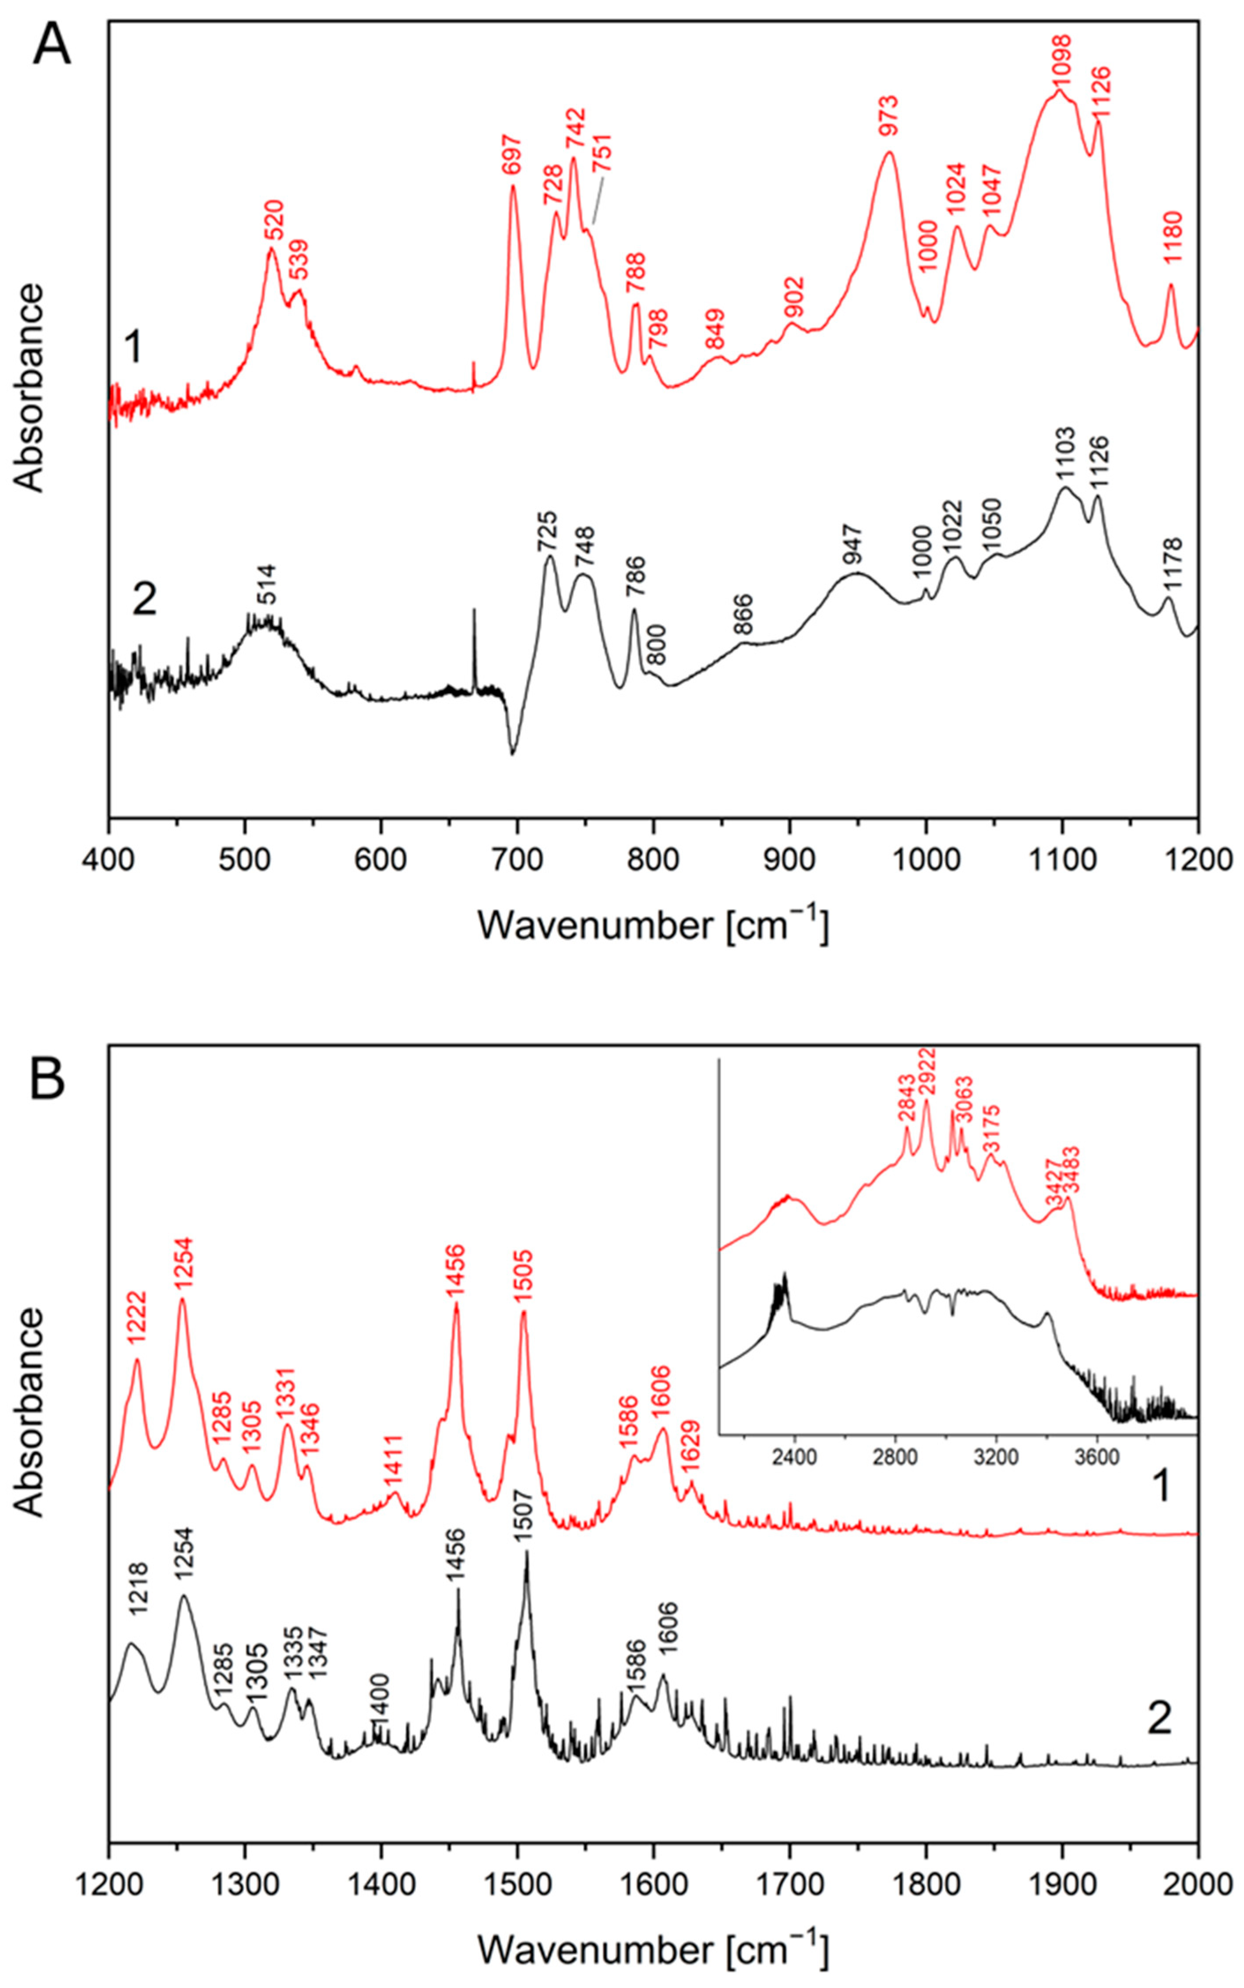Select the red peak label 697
pyautogui.click(x=511, y=155)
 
